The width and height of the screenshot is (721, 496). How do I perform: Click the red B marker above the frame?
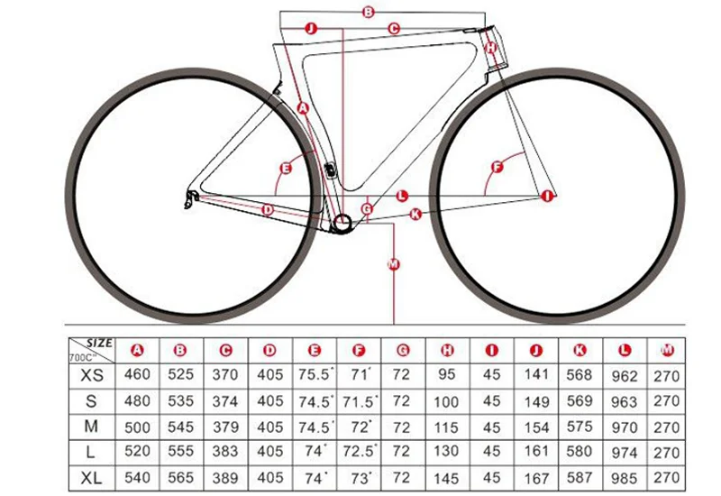click(x=369, y=12)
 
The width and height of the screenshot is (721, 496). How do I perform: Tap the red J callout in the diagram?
click(x=311, y=29)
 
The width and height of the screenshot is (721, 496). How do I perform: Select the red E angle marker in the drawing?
click(x=286, y=169)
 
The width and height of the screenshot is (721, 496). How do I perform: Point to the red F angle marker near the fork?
click(x=497, y=167)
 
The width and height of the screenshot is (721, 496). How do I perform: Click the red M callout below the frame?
click(x=394, y=264)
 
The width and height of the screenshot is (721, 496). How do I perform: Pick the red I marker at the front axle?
click(x=547, y=196)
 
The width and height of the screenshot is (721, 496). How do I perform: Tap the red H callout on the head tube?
click(x=491, y=47)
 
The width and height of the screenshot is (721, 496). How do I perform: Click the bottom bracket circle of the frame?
click(x=342, y=224)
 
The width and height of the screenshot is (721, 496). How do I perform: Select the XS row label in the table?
click(x=92, y=375)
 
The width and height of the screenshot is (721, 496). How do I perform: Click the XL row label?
click(x=91, y=479)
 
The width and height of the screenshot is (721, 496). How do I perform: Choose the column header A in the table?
click(x=137, y=350)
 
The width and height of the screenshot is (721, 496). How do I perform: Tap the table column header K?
click(x=580, y=350)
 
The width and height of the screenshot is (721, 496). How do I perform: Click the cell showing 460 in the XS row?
click(x=137, y=374)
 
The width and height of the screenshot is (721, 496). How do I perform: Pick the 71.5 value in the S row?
click(x=360, y=401)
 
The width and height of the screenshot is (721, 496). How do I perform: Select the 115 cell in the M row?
click(x=446, y=427)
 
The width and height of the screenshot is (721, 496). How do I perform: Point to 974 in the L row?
click(x=624, y=453)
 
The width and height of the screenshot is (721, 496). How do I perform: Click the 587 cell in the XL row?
click(x=580, y=478)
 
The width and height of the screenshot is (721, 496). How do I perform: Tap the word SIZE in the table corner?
click(x=99, y=344)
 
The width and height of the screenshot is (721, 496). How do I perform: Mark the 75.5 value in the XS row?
click(x=315, y=374)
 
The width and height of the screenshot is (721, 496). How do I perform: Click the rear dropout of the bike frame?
click(x=191, y=197)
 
